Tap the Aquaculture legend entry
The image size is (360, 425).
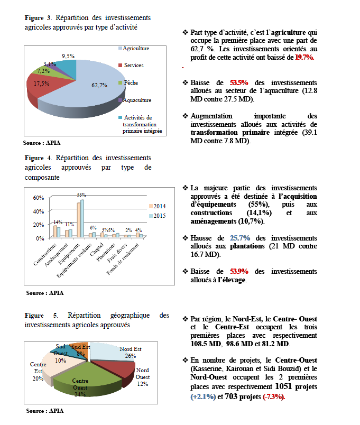pos(136,100)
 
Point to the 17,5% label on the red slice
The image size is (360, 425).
pos(42,84)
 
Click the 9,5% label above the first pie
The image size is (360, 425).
pos(68,56)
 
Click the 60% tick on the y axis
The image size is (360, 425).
pos(39,198)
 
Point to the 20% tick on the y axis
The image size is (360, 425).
pos(39,225)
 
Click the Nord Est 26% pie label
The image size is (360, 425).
pos(130,352)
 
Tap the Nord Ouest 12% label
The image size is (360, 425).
pos(143,374)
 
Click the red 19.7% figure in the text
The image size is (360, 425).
pos(305,57)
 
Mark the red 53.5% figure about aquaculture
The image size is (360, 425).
pos(238,83)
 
